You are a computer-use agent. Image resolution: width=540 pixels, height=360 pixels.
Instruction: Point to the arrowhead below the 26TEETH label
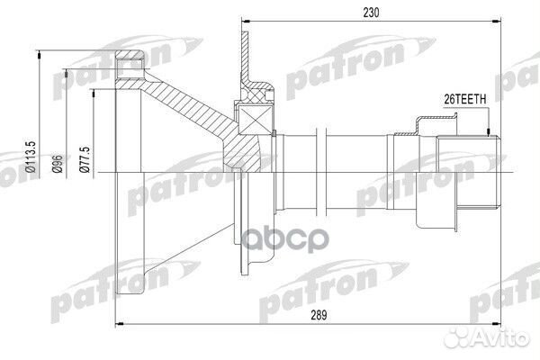coord(487,130)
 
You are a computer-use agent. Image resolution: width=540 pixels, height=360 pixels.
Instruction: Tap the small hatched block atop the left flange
coord(132,61)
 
